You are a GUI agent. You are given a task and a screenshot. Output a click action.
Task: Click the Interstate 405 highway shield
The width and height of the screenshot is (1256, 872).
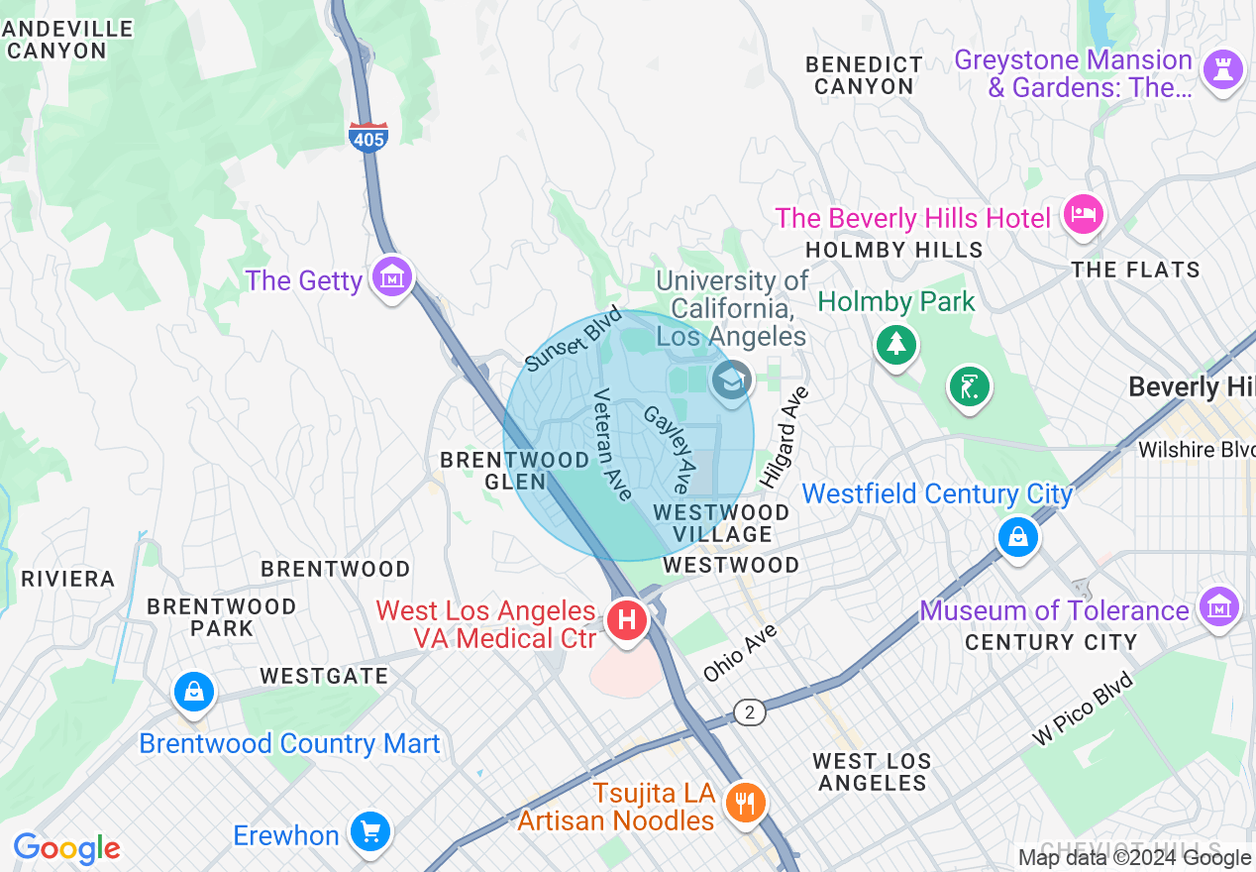(367, 138)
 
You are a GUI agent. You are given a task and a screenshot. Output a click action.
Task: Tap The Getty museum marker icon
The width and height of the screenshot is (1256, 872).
(392, 277)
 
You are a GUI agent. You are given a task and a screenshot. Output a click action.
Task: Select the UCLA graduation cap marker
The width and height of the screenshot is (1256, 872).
(732, 380)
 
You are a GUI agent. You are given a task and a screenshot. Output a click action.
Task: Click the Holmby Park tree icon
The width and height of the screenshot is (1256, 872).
(896, 344)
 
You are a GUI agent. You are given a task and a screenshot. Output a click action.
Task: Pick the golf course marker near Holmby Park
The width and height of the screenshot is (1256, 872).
(969, 384)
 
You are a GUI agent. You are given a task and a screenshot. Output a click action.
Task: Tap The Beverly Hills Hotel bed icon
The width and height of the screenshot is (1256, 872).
(1082, 214)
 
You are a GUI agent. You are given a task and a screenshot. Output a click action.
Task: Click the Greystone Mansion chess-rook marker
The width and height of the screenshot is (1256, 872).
(1222, 69)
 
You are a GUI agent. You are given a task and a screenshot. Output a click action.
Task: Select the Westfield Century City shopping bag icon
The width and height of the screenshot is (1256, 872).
(1017, 538)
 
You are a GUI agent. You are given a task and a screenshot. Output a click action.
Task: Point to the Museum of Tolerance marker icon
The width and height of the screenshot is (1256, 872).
(1218, 604)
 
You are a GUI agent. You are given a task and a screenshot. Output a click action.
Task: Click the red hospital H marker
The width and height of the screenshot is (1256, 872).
(626, 621)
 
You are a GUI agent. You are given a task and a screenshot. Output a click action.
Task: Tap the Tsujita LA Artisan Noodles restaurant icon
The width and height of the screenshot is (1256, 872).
(744, 801)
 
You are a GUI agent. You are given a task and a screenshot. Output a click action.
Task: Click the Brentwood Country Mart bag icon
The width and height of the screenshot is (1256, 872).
(193, 691)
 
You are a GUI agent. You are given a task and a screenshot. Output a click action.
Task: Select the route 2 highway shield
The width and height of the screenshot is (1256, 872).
(750, 711)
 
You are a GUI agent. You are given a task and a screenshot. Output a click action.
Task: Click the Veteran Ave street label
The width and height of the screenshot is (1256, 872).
(612, 444)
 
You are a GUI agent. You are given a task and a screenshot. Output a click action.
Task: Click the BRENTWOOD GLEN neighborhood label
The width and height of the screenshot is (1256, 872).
(515, 471)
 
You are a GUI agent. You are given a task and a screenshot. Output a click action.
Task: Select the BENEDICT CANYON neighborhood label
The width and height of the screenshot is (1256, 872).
(864, 75)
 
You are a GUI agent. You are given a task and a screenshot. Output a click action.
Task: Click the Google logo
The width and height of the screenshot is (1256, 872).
(66, 848)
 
